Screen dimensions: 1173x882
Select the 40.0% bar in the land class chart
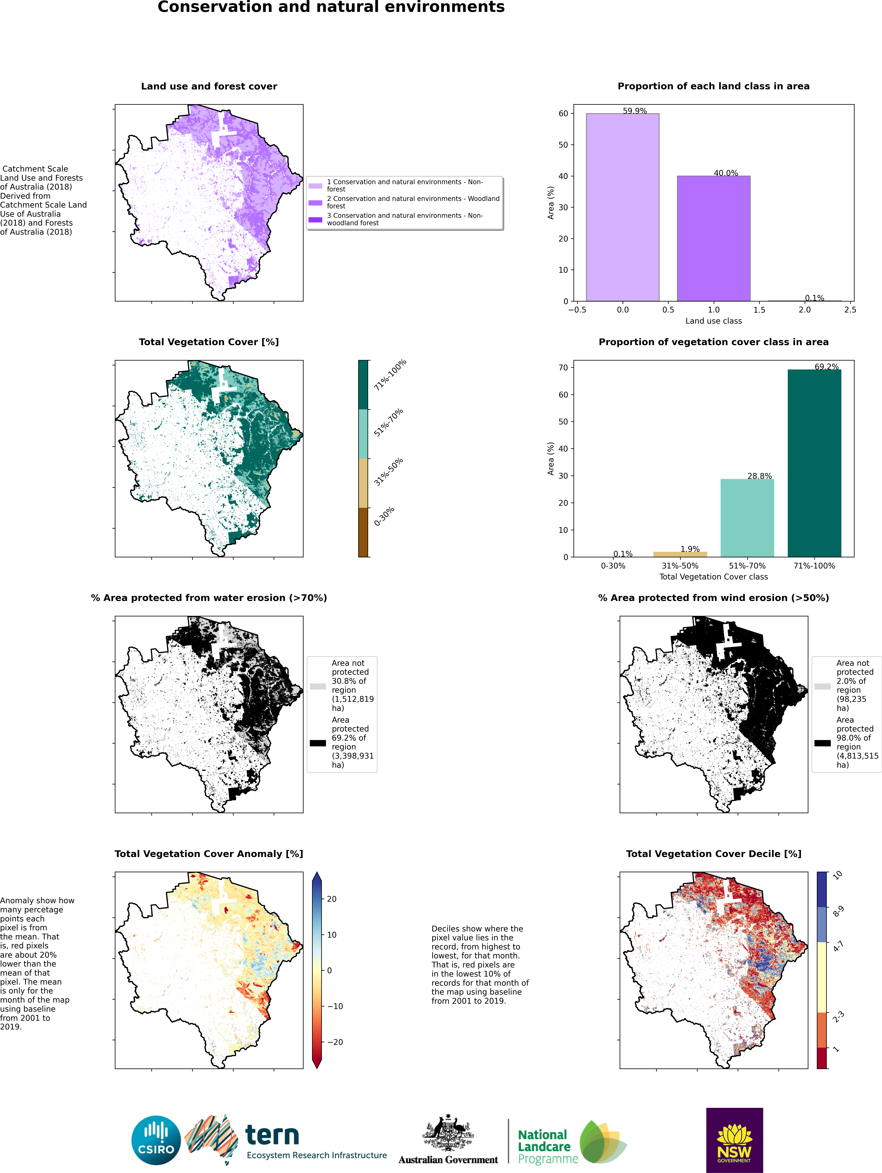(x=713, y=239)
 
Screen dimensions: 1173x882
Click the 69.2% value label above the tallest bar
(x=826, y=366)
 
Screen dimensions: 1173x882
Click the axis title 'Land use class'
(x=713, y=321)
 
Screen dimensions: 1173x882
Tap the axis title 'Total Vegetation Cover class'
(x=713, y=576)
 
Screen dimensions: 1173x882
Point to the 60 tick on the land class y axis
(x=563, y=113)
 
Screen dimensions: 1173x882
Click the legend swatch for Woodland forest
(x=315, y=203)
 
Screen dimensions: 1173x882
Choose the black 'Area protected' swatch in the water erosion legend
(x=317, y=743)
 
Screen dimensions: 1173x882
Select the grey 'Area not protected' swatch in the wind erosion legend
(x=822, y=686)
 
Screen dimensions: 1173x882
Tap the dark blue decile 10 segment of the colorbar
(x=822, y=889)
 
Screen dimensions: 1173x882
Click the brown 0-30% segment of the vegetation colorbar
(x=363, y=532)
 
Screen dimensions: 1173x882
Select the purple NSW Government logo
(x=734, y=1140)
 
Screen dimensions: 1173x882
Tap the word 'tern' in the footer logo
(x=272, y=1135)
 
